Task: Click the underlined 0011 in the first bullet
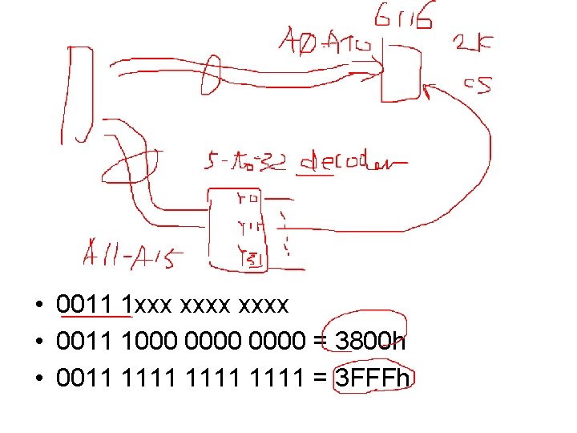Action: click(x=83, y=306)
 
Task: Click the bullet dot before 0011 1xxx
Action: click(x=38, y=306)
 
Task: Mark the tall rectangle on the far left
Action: click(x=78, y=95)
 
